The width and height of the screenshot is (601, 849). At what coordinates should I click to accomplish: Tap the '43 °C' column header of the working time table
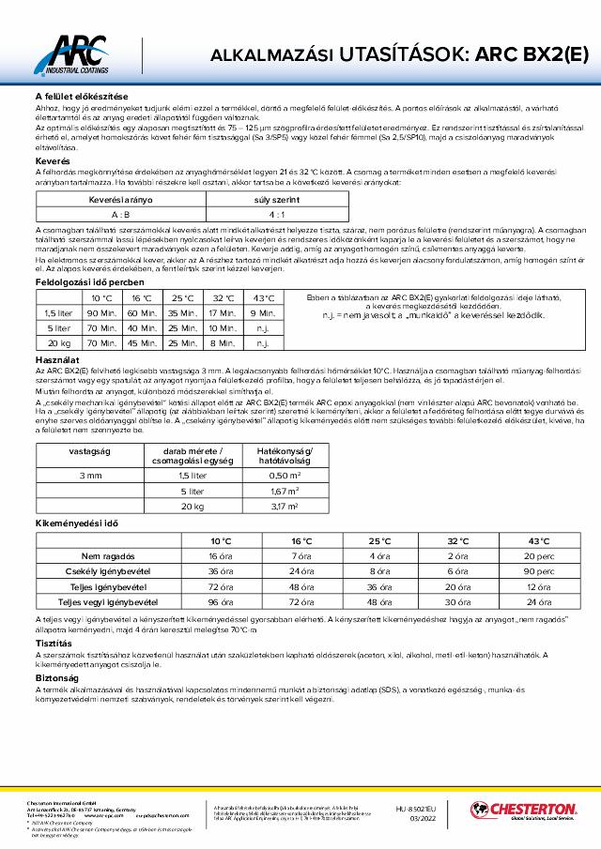[264, 296]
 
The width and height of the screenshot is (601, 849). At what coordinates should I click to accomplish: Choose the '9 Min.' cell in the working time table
[264, 312]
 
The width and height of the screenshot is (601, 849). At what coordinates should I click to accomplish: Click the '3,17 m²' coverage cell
[285, 507]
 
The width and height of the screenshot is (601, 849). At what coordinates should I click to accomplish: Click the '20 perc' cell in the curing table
[538, 556]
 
